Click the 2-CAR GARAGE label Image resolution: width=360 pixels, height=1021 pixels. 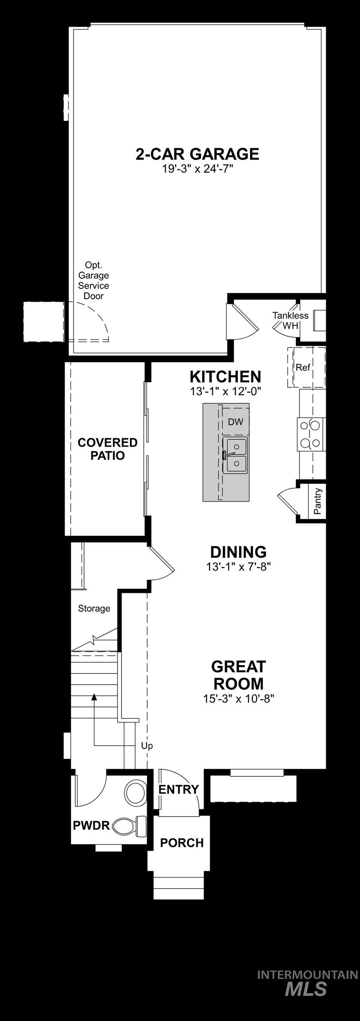tap(197, 154)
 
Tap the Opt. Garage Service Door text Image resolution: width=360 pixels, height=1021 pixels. tap(94, 281)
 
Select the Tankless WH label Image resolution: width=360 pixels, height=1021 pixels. tap(290, 320)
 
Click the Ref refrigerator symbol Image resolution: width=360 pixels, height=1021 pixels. tap(303, 367)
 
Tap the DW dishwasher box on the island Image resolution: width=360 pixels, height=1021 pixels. tap(235, 422)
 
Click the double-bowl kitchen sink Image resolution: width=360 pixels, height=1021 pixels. tap(235, 455)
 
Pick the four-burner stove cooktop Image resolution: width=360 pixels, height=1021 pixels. tap(310, 434)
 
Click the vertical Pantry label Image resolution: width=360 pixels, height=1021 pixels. tap(317, 501)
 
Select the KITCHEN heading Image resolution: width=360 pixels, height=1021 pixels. tap(225, 377)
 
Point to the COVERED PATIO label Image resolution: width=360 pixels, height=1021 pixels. tap(107, 449)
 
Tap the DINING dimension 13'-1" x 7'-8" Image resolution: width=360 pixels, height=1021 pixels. tap(238, 566)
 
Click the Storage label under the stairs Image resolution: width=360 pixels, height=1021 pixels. tap(94, 608)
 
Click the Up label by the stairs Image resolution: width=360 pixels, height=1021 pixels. tap(147, 746)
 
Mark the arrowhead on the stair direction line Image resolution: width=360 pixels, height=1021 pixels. tap(94, 697)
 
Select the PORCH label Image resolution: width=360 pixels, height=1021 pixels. tap(182, 842)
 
